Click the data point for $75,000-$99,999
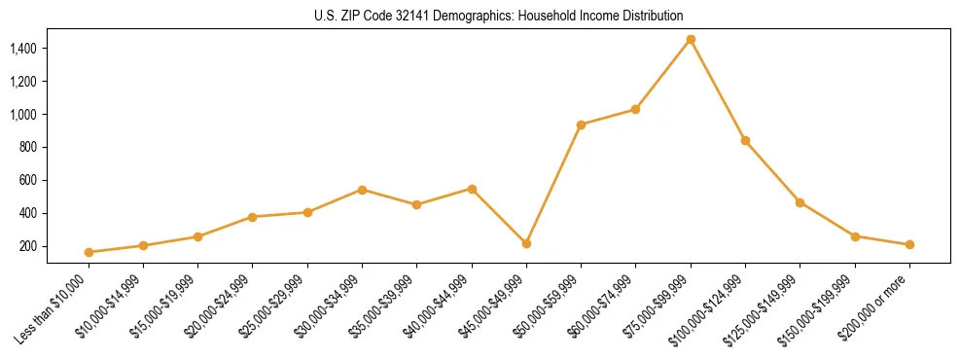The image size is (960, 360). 691,39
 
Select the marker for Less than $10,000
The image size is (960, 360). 89,252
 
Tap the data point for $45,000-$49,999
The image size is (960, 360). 526,243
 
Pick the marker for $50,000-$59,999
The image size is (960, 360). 581,125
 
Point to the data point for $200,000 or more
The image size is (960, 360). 909,244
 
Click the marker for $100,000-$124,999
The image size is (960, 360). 745,140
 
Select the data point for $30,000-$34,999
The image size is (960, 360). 362,190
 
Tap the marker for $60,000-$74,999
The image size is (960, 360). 635,109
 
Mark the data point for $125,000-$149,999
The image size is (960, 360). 800,202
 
